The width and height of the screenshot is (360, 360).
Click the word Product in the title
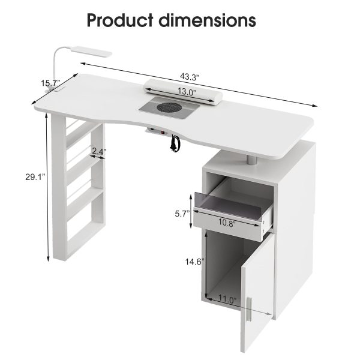pyautogui.click(x=120, y=20)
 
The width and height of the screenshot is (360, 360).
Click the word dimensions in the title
pyautogui.click(x=207, y=20)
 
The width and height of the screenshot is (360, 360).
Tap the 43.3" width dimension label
pyautogui.click(x=189, y=77)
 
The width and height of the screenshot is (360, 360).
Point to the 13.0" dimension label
pyautogui.click(x=187, y=92)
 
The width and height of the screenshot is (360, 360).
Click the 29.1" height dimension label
pyautogui.click(x=35, y=177)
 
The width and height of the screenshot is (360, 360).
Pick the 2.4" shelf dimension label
pyautogui.click(x=99, y=151)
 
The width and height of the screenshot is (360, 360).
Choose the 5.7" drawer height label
pyautogui.click(x=182, y=214)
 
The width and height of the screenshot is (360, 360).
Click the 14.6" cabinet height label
pyautogui.click(x=195, y=262)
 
